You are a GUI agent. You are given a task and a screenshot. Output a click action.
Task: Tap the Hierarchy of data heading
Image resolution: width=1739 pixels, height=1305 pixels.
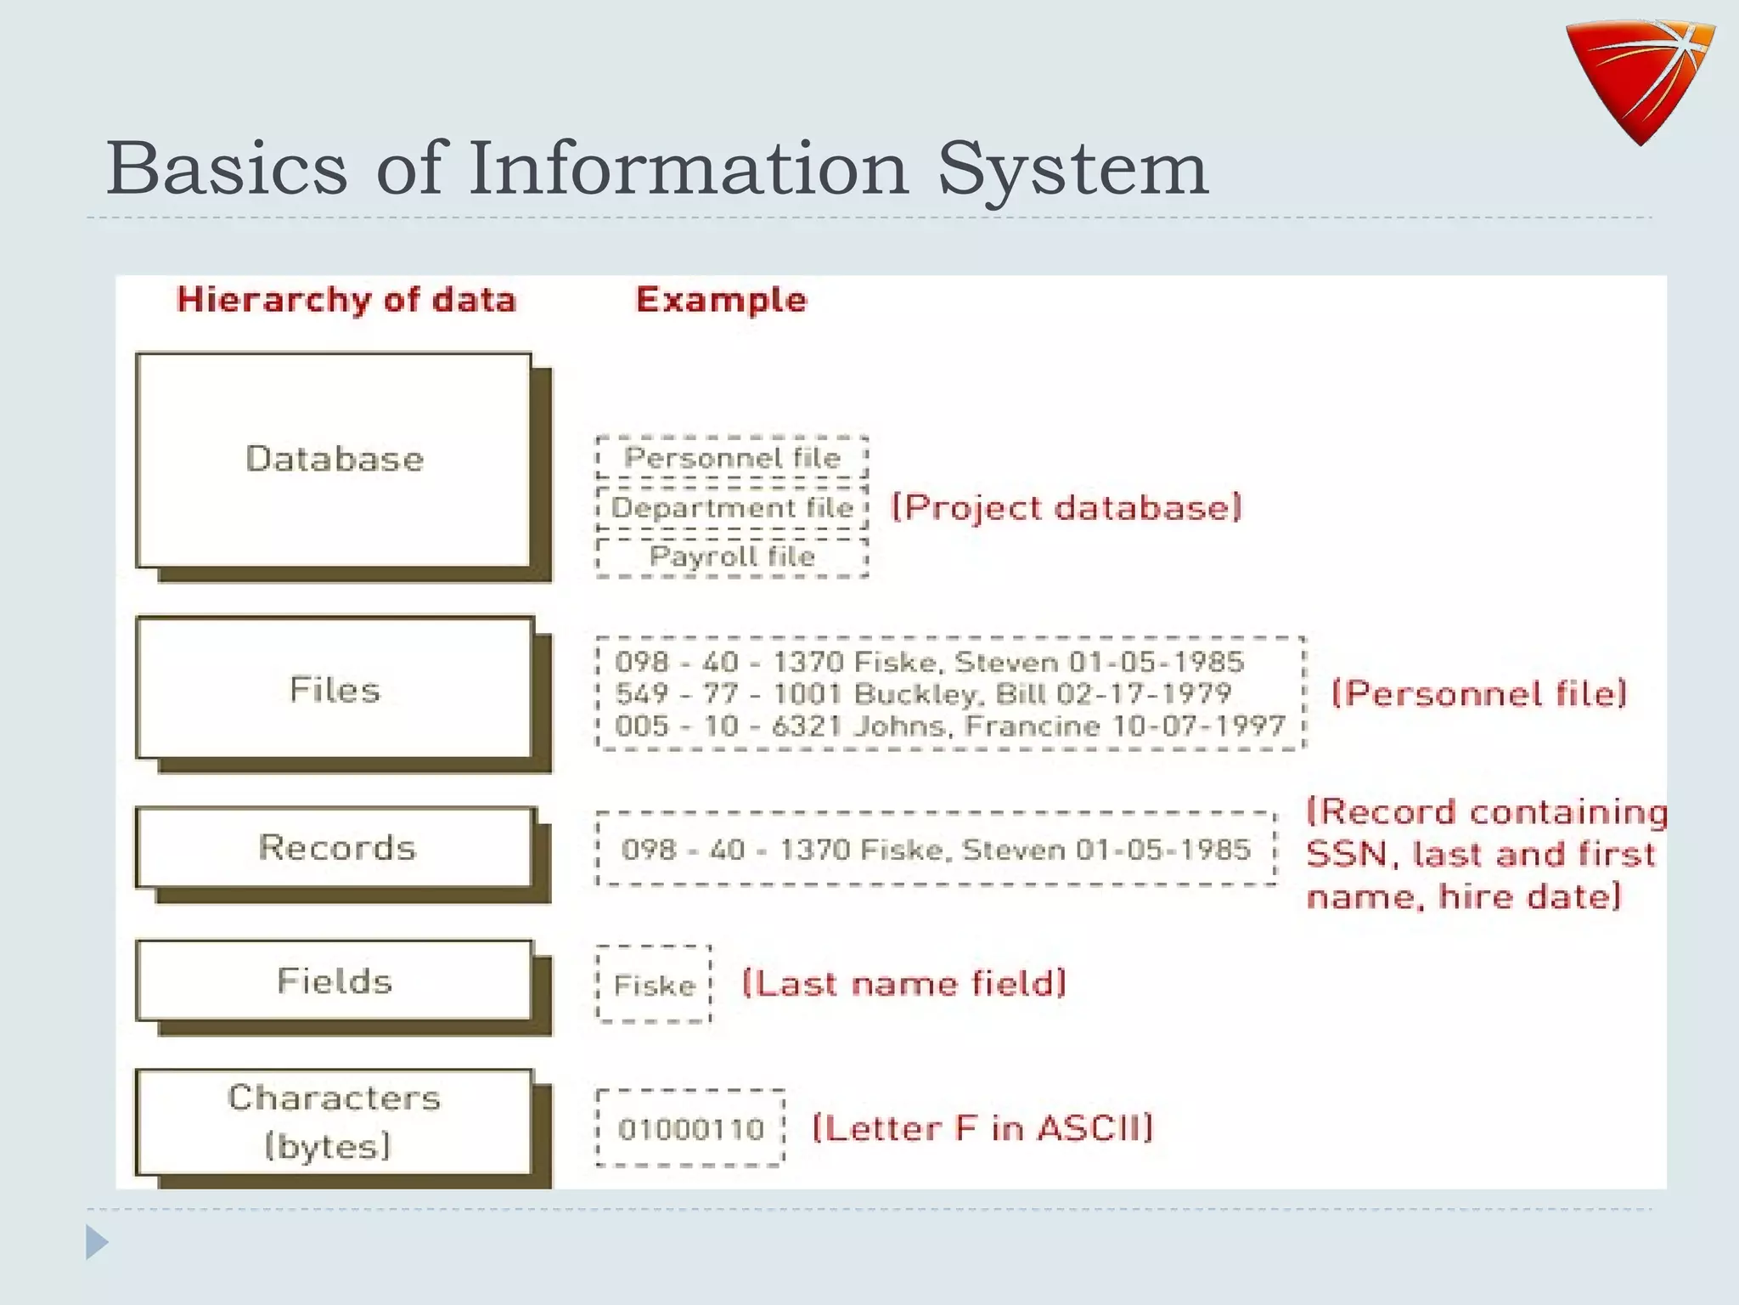346,300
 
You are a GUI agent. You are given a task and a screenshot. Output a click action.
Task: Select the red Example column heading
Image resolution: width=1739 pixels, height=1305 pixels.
721,300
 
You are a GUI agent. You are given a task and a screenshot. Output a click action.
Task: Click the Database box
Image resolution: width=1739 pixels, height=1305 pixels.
335,460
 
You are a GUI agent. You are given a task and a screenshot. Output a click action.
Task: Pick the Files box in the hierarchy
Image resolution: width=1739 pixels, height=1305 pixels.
335,689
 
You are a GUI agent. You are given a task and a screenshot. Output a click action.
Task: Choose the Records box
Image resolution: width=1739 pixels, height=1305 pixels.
336,847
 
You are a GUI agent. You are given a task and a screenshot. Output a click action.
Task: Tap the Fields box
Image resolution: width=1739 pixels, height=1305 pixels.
335,980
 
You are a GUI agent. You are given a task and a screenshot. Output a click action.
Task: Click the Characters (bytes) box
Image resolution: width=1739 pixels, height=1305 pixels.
335,1121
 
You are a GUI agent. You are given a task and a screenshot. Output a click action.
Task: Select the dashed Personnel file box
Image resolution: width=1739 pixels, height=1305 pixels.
732,458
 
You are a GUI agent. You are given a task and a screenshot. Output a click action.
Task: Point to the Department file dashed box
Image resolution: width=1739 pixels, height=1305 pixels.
732,508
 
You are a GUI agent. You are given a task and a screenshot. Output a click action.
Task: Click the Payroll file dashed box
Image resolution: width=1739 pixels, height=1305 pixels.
732,557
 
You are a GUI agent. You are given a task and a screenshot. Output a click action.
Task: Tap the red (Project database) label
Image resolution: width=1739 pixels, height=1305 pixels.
1066,508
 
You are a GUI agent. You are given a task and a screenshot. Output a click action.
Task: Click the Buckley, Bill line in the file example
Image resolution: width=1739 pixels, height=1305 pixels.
923,694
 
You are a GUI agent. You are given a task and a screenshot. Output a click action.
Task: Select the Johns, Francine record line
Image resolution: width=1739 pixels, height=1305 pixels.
949,726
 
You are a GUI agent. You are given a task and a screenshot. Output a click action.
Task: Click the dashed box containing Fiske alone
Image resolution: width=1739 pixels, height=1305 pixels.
654,985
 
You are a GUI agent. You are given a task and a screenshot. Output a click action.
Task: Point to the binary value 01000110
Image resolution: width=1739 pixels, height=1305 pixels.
690,1129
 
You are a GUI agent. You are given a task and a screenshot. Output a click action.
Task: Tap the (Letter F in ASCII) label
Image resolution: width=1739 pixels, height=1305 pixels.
982,1128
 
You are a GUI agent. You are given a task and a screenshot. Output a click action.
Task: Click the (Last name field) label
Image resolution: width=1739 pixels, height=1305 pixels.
903,984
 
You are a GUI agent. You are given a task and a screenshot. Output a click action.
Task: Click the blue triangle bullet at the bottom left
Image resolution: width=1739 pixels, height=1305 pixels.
97,1242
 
